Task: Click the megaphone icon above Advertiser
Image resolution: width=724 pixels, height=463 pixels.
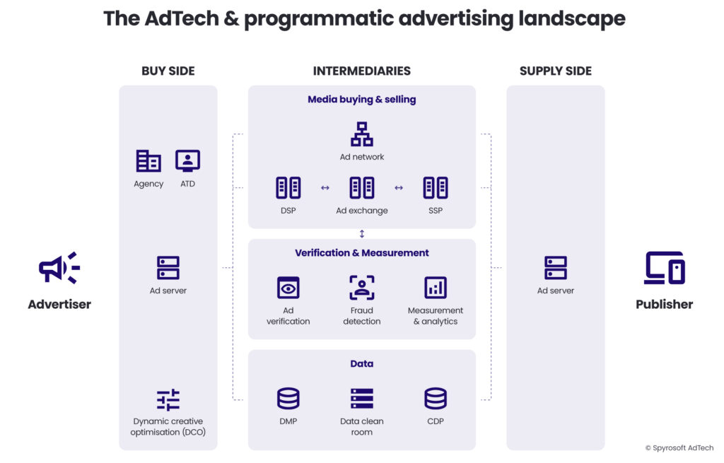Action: click(x=59, y=269)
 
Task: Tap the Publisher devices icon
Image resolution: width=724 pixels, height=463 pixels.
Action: click(x=665, y=269)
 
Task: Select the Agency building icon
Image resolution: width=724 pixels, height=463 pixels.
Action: click(x=148, y=161)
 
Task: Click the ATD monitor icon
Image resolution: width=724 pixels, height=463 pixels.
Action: click(x=187, y=161)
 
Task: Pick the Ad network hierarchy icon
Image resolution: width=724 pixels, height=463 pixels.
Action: click(x=362, y=134)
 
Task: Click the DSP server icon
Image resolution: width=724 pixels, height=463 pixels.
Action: click(x=288, y=188)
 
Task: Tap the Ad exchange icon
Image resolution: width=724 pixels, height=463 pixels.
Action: click(x=362, y=188)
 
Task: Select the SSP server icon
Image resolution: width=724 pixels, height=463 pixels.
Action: click(x=436, y=188)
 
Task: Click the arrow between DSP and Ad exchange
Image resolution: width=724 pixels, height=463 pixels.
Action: click(x=325, y=188)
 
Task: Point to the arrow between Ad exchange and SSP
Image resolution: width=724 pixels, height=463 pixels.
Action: click(x=399, y=188)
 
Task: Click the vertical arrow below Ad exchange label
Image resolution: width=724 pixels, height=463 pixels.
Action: click(x=362, y=234)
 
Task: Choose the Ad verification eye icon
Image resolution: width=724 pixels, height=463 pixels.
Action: click(x=288, y=288)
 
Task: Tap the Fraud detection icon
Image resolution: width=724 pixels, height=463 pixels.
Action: click(x=362, y=288)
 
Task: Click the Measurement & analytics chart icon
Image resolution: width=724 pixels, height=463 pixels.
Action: click(x=436, y=288)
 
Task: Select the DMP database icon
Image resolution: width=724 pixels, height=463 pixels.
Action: click(x=288, y=399)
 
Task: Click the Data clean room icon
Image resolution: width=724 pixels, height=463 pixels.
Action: click(x=362, y=399)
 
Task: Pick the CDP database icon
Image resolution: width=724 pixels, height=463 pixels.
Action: click(x=436, y=399)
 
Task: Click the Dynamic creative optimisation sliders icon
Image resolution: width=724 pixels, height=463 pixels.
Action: click(x=168, y=400)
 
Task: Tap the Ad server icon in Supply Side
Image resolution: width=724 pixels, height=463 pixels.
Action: click(x=556, y=268)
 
